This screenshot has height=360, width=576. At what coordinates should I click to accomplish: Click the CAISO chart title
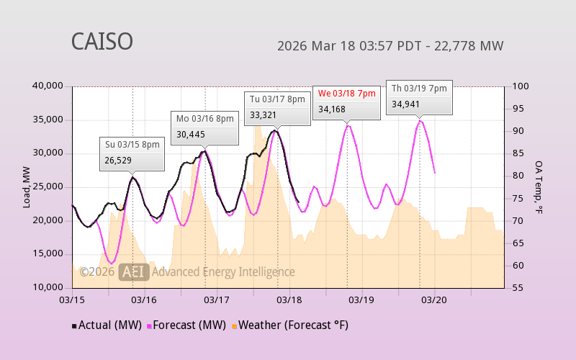(x=102, y=42)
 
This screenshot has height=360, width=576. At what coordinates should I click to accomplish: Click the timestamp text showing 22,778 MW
(x=390, y=46)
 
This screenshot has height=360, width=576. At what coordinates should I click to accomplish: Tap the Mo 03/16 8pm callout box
(x=205, y=126)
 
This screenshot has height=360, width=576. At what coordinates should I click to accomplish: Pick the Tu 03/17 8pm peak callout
(x=278, y=107)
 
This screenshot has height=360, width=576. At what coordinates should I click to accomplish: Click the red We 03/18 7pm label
(x=347, y=94)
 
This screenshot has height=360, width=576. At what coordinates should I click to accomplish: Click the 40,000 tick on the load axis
(x=48, y=86)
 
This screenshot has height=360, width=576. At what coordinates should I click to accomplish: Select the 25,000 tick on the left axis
(x=48, y=187)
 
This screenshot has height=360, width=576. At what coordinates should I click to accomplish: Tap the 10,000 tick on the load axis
(x=48, y=287)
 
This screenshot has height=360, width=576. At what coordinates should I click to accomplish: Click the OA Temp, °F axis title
(x=539, y=187)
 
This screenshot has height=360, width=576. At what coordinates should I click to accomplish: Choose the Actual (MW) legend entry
(x=107, y=325)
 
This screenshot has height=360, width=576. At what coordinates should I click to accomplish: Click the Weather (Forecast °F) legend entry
(x=289, y=325)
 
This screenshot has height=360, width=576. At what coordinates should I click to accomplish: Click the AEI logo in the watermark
(x=134, y=271)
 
